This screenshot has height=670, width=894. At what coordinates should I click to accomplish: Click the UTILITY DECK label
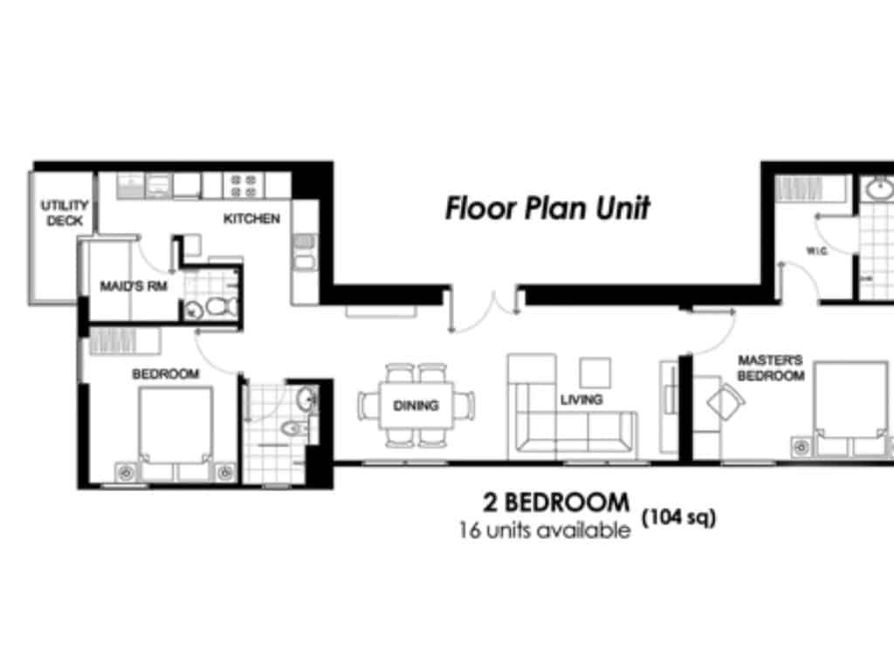65,214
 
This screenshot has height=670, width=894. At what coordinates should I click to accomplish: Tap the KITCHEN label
251,218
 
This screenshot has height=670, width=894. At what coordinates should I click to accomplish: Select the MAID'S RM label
128,286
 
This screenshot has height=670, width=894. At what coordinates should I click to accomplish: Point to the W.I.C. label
816,251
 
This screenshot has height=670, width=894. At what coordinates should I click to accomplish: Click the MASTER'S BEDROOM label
770,367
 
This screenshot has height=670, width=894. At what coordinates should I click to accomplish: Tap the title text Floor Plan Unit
547,209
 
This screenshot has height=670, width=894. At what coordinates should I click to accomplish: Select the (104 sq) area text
679,518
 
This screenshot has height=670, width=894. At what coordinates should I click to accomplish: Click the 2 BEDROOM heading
555,503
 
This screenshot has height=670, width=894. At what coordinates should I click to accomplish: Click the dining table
416,406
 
